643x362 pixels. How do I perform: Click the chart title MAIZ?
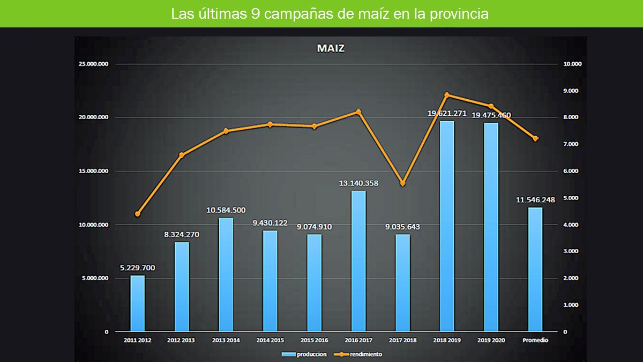click(331, 48)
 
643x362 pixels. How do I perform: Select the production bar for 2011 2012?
click(138, 303)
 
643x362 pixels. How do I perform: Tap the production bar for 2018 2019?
click(447, 225)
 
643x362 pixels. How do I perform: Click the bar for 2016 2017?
click(358, 261)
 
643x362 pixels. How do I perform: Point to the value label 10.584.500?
click(226, 210)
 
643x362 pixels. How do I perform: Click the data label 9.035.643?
click(402, 227)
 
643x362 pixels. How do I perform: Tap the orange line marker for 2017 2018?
click(403, 183)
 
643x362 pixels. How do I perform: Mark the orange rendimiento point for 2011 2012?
click(138, 214)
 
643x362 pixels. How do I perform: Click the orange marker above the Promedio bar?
click(535, 138)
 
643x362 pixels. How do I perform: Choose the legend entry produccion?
click(304, 354)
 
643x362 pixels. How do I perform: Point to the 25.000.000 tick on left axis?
click(94, 64)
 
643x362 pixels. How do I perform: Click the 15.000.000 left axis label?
click(94, 171)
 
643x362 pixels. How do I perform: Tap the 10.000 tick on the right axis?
click(572, 64)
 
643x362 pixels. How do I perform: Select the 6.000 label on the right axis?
click(571, 171)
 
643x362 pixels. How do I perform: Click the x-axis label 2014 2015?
click(270, 340)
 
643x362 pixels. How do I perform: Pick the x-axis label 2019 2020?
click(491, 340)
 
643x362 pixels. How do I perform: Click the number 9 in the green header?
click(255, 14)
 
